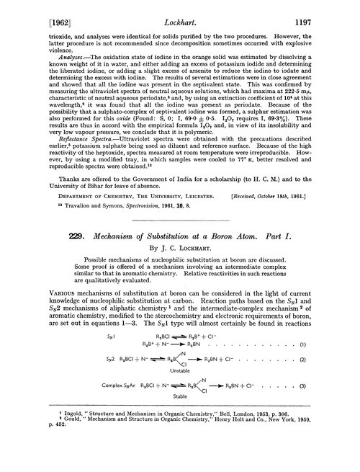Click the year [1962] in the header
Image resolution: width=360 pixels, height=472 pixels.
click(x=31, y=12)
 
